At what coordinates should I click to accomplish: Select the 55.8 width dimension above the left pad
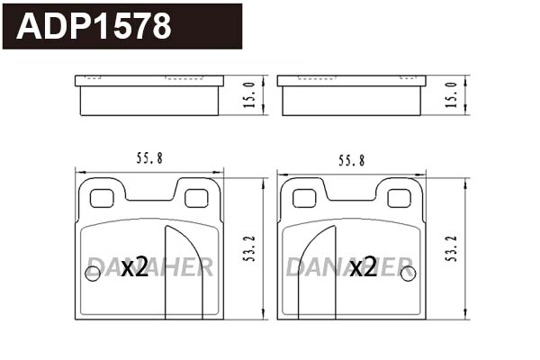pyautogui.click(x=148, y=159)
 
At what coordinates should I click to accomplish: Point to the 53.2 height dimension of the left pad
pyautogui.click(x=248, y=247)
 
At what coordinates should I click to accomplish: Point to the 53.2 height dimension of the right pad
pyautogui.click(x=450, y=247)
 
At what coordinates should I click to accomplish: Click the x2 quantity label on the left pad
pyautogui.click(x=134, y=266)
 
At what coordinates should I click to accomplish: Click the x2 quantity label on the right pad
pyautogui.click(x=364, y=266)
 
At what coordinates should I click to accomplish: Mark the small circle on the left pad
pyautogui.click(x=90, y=275)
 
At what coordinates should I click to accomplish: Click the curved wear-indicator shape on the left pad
pyautogui.click(x=184, y=270)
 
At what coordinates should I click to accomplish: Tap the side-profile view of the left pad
pyautogui.click(x=148, y=96)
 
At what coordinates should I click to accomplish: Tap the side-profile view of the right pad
pyautogui.click(x=350, y=96)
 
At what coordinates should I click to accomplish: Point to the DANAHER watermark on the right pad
pyautogui.click(x=350, y=266)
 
